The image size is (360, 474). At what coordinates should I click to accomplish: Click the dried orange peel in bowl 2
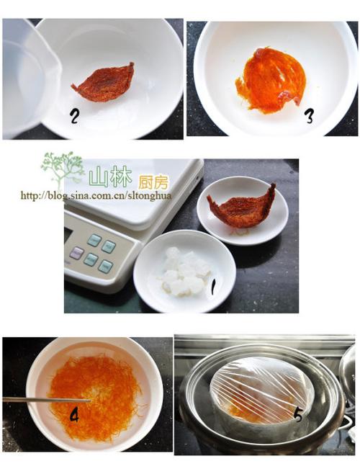click(104, 82)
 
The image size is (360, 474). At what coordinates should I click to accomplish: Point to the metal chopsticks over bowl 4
click(43, 399)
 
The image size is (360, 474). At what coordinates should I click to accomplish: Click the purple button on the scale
click(76, 252)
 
